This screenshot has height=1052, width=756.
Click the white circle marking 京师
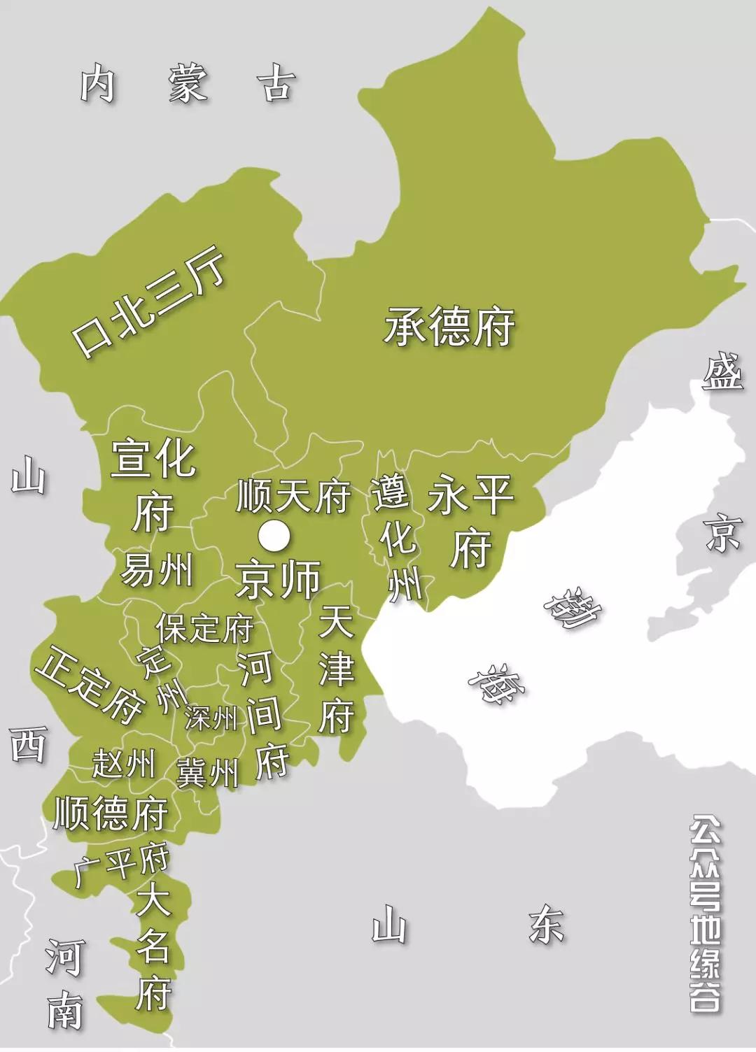tap(274, 536)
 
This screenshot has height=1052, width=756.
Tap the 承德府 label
tap(449, 327)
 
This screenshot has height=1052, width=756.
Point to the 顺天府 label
tap(293, 496)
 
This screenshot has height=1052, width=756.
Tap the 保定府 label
tap(204, 628)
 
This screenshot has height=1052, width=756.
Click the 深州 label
tap(211, 718)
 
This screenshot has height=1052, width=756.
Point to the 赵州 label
tap(123, 764)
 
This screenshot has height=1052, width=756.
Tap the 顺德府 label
tap(111, 813)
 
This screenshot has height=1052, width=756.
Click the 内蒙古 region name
tap(185, 84)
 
